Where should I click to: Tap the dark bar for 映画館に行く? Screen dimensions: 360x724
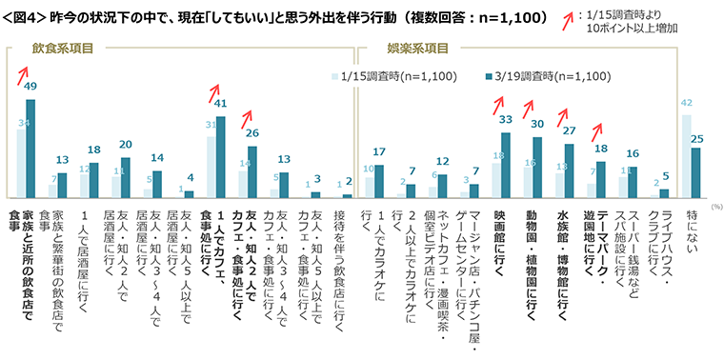click(506, 165)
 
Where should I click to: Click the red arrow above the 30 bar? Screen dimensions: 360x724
click(532, 112)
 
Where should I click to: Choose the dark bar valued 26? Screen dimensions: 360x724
click(252, 171)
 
